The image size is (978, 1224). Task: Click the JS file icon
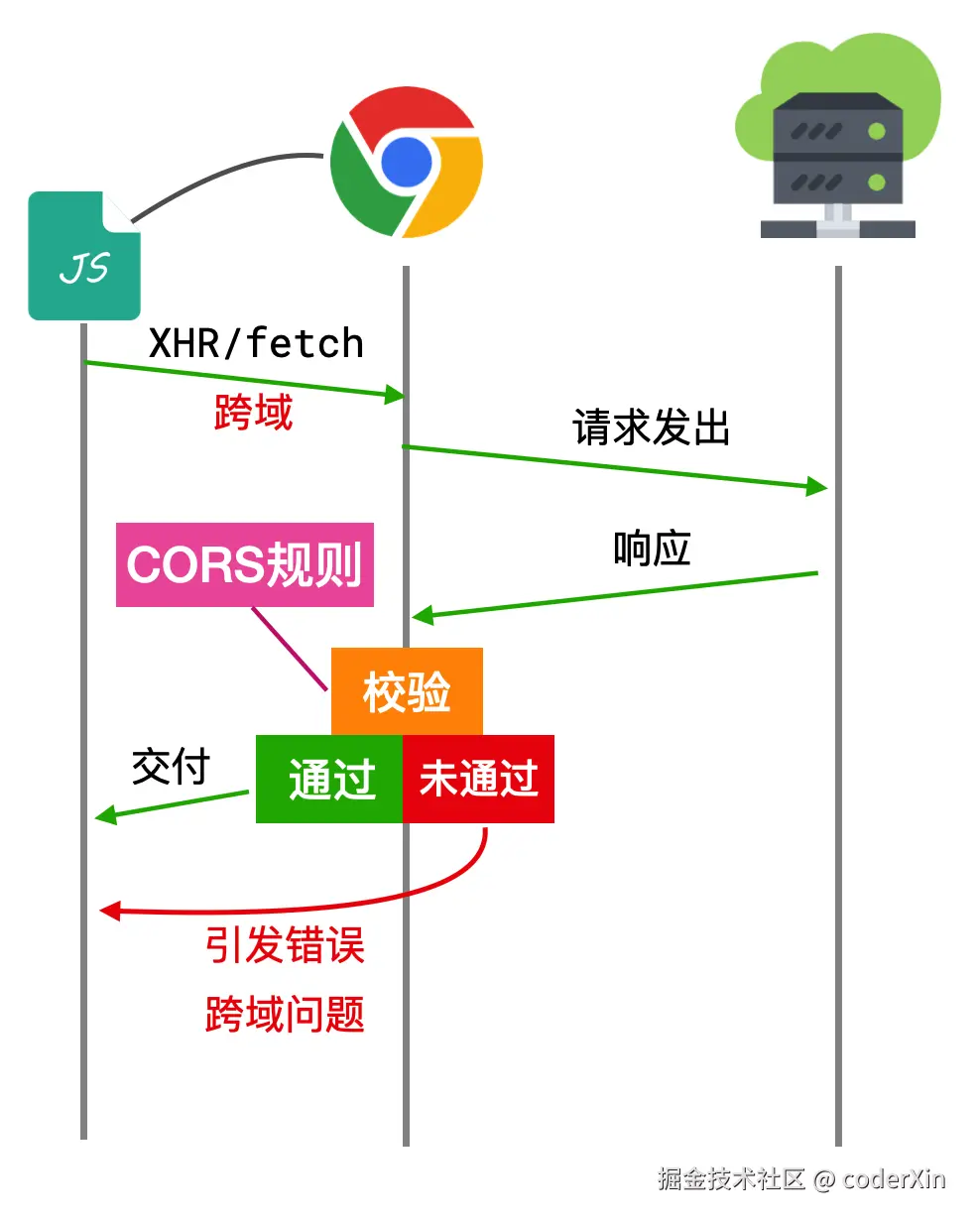pos(83,257)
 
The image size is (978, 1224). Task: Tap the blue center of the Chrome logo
pos(407,162)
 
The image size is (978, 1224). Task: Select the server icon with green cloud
pos(838,144)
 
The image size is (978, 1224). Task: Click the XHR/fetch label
pos(256,343)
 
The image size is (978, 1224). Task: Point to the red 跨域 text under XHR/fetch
pos(254,412)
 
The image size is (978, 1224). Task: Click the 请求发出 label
pos(651,428)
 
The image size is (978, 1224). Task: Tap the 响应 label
pos(651,549)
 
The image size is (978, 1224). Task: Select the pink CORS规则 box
pos(244,564)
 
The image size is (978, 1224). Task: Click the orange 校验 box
pos(407,691)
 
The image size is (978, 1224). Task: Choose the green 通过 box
pos(329,779)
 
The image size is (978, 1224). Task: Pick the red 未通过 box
pos(478,779)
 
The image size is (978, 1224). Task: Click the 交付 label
pos(171,767)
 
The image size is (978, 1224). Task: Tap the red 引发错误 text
pos(285,945)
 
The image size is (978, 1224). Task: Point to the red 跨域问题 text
pos(285,1014)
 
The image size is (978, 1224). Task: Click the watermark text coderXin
pos(893,1179)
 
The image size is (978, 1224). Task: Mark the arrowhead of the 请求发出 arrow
pos(818,486)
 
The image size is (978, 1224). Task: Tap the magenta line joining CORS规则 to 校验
pos(289,649)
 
